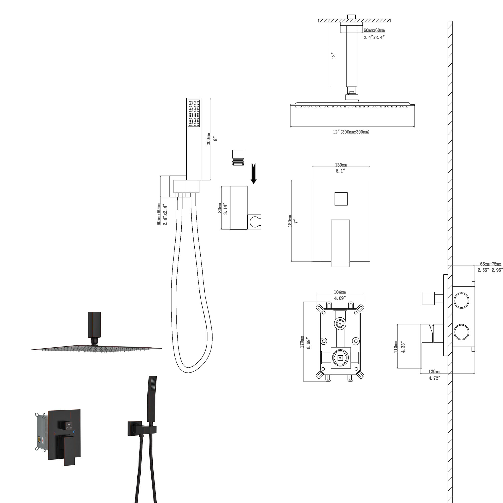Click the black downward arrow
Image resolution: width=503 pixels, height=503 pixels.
[x=253, y=173]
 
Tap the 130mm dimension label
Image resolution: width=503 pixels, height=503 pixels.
[x=341, y=165]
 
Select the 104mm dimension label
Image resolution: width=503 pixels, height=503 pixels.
[x=340, y=292]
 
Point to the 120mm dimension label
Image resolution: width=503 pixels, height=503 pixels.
[x=434, y=371]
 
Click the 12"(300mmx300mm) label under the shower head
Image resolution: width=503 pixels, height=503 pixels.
[x=351, y=132]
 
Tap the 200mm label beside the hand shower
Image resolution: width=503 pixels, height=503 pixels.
[x=208, y=139]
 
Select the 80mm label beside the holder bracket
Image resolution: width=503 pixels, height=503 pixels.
[x=220, y=208]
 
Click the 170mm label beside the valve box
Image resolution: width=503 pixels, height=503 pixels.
[x=302, y=342]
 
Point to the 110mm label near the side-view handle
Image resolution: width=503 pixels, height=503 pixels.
[x=395, y=347]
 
